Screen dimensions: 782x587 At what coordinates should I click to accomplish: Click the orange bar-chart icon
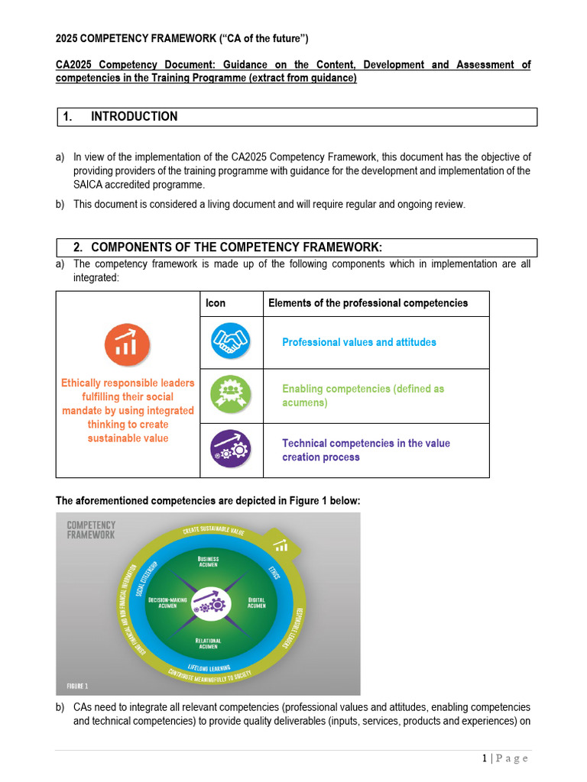tap(127, 344)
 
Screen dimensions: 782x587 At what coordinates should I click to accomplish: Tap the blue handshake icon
tap(230, 341)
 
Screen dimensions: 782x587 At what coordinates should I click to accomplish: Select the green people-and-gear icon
tap(230, 395)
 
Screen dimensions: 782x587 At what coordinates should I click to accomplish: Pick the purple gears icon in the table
tap(230, 449)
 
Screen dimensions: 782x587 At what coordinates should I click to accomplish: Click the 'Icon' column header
tap(216, 303)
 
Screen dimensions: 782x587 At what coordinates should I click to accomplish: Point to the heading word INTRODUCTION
tap(134, 117)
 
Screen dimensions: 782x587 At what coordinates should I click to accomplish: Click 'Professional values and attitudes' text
tap(359, 342)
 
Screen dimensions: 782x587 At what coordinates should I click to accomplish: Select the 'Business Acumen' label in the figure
tap(208, 561)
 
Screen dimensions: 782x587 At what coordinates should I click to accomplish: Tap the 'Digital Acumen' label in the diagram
tap(257, 603)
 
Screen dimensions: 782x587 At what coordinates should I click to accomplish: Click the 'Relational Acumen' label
tap(208, 644)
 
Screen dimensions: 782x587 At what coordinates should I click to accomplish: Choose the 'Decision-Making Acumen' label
tap(164, 603)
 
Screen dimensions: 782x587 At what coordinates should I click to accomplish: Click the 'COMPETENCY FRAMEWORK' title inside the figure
tap(92, 530)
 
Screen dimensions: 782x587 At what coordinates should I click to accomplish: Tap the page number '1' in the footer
tap(485, 758)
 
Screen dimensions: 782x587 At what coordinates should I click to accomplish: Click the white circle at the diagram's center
tap(209, 603)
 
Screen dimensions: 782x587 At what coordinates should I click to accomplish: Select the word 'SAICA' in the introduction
tap(91, 185)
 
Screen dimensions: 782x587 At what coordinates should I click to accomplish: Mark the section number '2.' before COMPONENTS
tap(78, 247)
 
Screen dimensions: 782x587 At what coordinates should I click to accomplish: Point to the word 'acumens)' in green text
tap(304, 402)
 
